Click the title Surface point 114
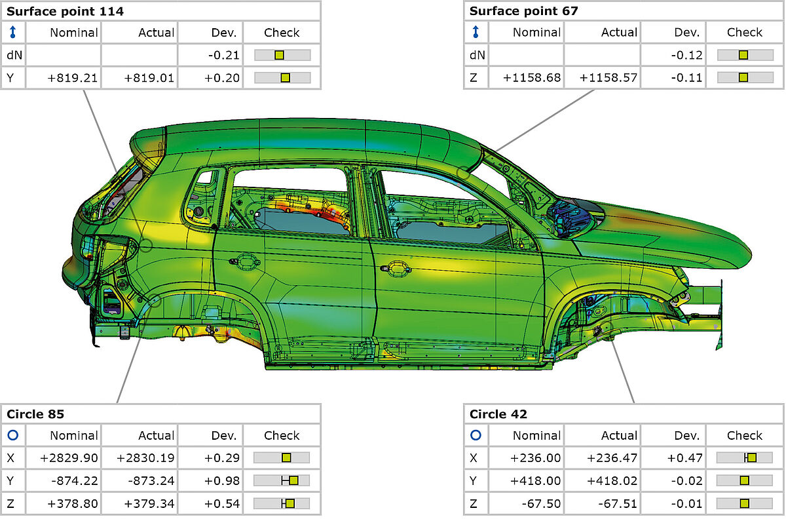(65, 12)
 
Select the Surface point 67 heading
(523, 11)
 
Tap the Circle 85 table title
(35, 414)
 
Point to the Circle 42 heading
(498, 414)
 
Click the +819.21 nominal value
(72, 78)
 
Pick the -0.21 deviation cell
(223, 55)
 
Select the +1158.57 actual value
(608, 77)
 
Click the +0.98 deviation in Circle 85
(222, 480)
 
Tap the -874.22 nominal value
(75, 480)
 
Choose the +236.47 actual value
(612, 458)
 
